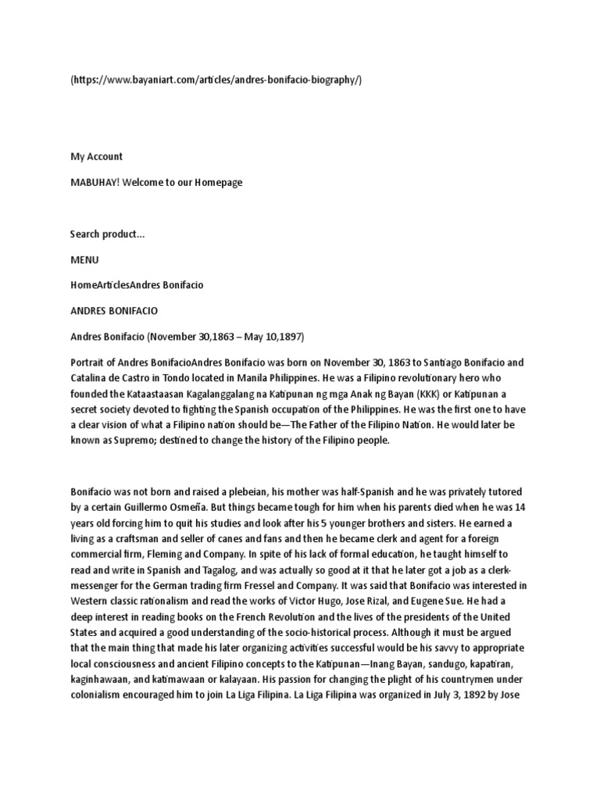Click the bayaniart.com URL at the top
(x=216, y=80)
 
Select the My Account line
(x=96, y=156)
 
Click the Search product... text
(x=107, y=234)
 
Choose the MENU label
(x=84, y=259)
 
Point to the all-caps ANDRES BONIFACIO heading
(x=114, y=310)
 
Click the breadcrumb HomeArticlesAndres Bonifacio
(x=137, y=285)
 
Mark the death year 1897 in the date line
(x=289, y=336)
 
